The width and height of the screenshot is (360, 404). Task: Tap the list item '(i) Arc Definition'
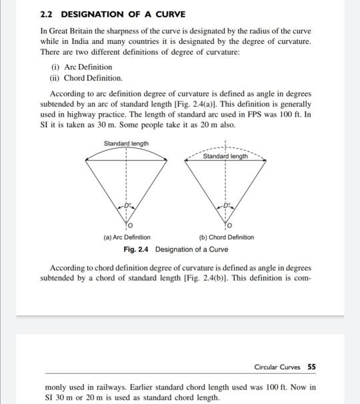pos(81,67)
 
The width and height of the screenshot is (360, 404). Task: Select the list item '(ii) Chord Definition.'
pos(86,77)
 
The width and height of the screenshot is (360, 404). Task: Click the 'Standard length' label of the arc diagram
pos(126,143)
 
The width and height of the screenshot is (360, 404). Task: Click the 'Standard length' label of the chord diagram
pos(225,156)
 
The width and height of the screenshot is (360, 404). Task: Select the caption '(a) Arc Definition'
pos(127,237)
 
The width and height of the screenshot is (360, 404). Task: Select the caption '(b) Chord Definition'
pos(226,237)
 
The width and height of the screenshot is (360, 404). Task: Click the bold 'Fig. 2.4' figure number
pos(137,249)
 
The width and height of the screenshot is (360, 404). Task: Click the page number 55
pos(312,367)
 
